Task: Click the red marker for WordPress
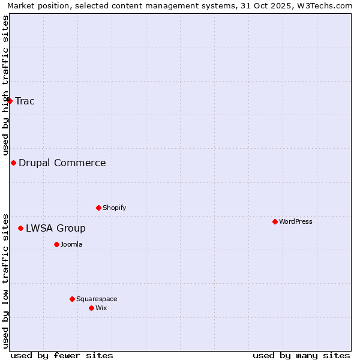point(275,221)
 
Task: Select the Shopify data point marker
point(98,208)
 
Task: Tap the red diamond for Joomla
point(56,244)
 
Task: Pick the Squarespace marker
point(72,299)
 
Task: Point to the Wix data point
point(91,308)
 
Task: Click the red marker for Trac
point(10,101)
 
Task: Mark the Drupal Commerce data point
point(13,163)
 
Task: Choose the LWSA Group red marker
point(20,228)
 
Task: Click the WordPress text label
point(296,221)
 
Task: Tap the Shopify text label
point(115,208)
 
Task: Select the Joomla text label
point(71,244)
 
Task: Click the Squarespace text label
point(97,299)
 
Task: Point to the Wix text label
point(101,308)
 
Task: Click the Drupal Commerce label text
point(62,163)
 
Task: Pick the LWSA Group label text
point(56,228)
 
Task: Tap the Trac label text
point(25,101)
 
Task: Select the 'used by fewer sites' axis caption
point(62,355)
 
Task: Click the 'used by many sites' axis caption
point(301,355)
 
